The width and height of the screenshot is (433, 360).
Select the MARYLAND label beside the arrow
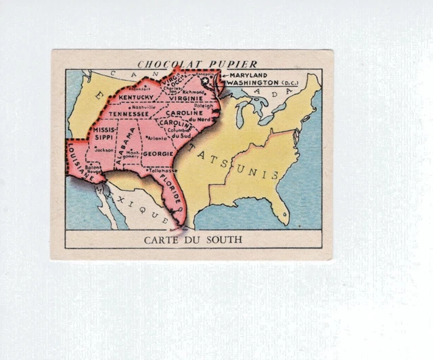pyautogui.click(x=248, y=75)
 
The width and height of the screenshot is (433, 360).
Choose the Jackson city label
pyautogui.click(x=104, y=150)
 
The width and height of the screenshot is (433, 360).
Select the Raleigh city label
pyautogui.click(x=202, y=106)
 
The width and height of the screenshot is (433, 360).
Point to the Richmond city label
pyautogui.click(x=193, y=91)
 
